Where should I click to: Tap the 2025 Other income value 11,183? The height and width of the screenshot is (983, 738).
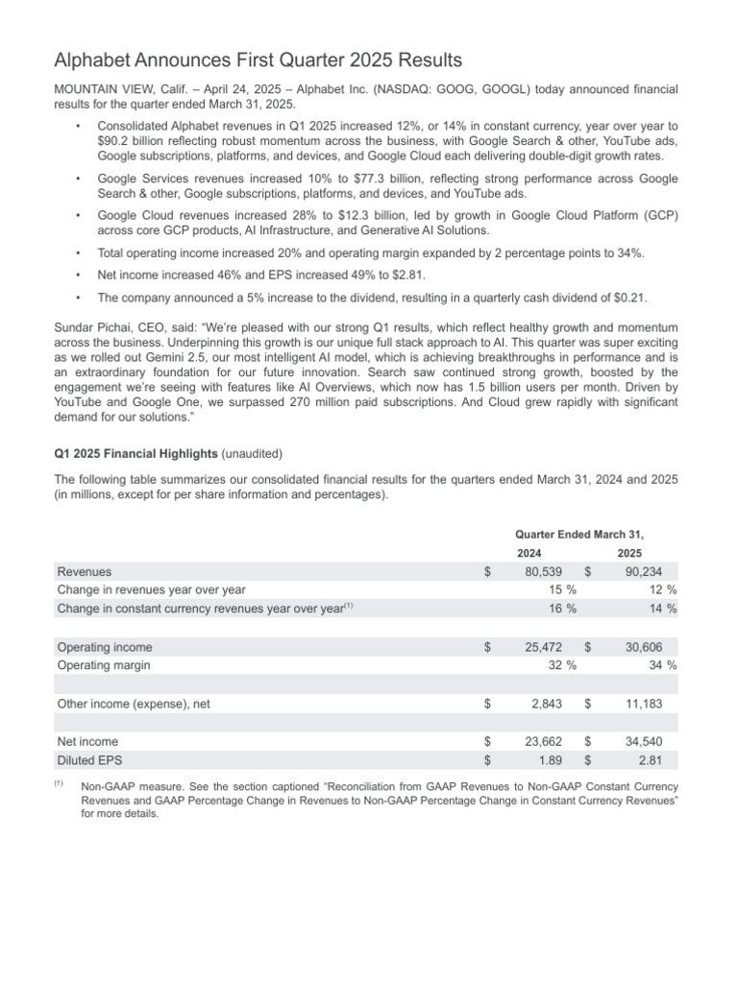pos(652,704)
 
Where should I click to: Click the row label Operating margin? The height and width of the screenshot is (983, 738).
pos(104,665)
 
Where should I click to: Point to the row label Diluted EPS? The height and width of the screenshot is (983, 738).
pos(89,759)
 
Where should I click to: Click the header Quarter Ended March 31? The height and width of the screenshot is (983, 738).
pos(579,534)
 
